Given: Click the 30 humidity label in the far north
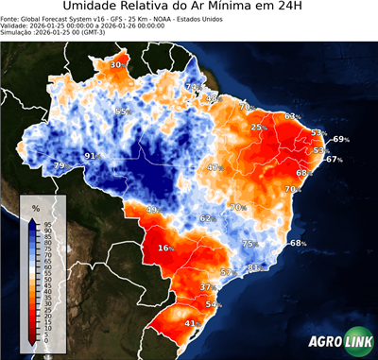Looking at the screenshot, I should coord(115,64).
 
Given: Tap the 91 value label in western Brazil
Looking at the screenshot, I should coord(91,155).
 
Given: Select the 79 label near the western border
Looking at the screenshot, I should coord(59,166).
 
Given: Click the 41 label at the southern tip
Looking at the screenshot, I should coord(190,323).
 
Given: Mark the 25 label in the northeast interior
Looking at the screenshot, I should coord(257,127).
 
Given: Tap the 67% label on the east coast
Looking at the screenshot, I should coord(334,160).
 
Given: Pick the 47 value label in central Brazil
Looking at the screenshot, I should coord(214,167).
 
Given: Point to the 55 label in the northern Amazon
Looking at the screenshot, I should coord(121,111).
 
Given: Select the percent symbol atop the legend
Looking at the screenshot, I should coord(35,207).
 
